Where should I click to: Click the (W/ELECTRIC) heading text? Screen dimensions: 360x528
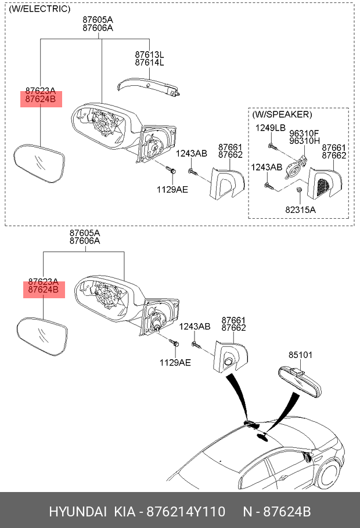click(x=39, y=9)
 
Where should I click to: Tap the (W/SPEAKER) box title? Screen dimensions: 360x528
click(x=282, y=114)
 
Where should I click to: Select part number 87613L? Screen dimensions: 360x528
click(x=149, y=55)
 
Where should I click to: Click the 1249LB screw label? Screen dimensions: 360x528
click(x=271, y=128)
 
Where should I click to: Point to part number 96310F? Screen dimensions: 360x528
click(x=304, y=133)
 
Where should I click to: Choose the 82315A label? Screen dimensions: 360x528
click(x=300, y=210)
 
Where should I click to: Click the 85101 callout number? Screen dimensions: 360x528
click(x=300, y=355)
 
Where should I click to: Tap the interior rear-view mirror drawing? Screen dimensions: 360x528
click(x=300, y=382)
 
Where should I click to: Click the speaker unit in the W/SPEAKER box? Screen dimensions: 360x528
click(x=294, y=168)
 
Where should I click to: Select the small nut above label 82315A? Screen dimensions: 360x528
click(x=298, y=190)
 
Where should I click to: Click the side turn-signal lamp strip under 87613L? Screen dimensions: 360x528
click(x=147, y=86)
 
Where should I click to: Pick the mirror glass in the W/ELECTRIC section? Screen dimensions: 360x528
click(x=39, y=163)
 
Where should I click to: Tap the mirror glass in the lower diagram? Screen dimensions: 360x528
click(x=42, y=337)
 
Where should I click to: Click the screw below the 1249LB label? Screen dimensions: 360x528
click(x=273, y=147)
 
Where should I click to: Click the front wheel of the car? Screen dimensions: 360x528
click(x=328, y=474)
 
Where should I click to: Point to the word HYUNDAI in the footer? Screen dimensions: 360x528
click(x=78, y=512)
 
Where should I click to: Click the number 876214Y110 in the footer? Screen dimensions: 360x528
click(x=186, y=512)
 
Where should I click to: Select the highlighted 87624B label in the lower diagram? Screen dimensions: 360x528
click(x=44, y=290)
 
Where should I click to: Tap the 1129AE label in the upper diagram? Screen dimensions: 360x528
click(x=172, y=190)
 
